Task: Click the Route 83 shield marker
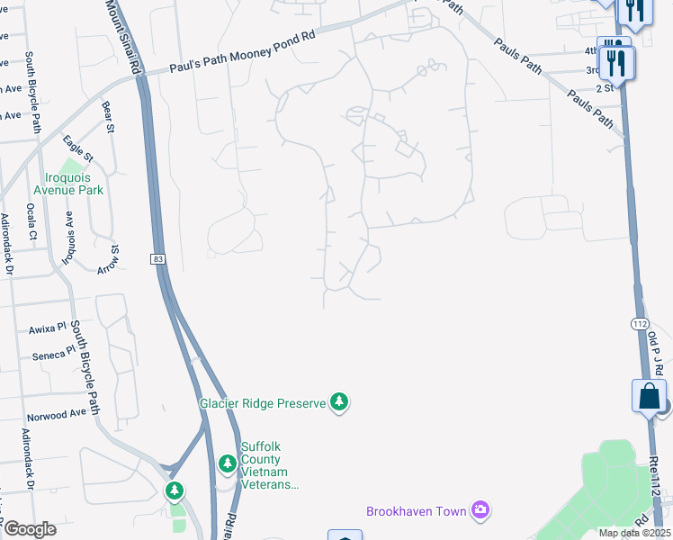tap(158, 259)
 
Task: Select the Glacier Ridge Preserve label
tap(262, 403)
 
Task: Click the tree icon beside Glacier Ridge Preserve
tap(339, 401)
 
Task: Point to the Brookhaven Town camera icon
tap(481, 511)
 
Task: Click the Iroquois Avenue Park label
tap(68, 184)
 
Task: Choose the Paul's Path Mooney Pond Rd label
tap(244, 52)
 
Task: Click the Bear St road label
tap(109, 117)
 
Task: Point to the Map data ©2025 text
tap(633, 533)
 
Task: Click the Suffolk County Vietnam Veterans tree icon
tap(228, 464)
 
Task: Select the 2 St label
tap(604, 88)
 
